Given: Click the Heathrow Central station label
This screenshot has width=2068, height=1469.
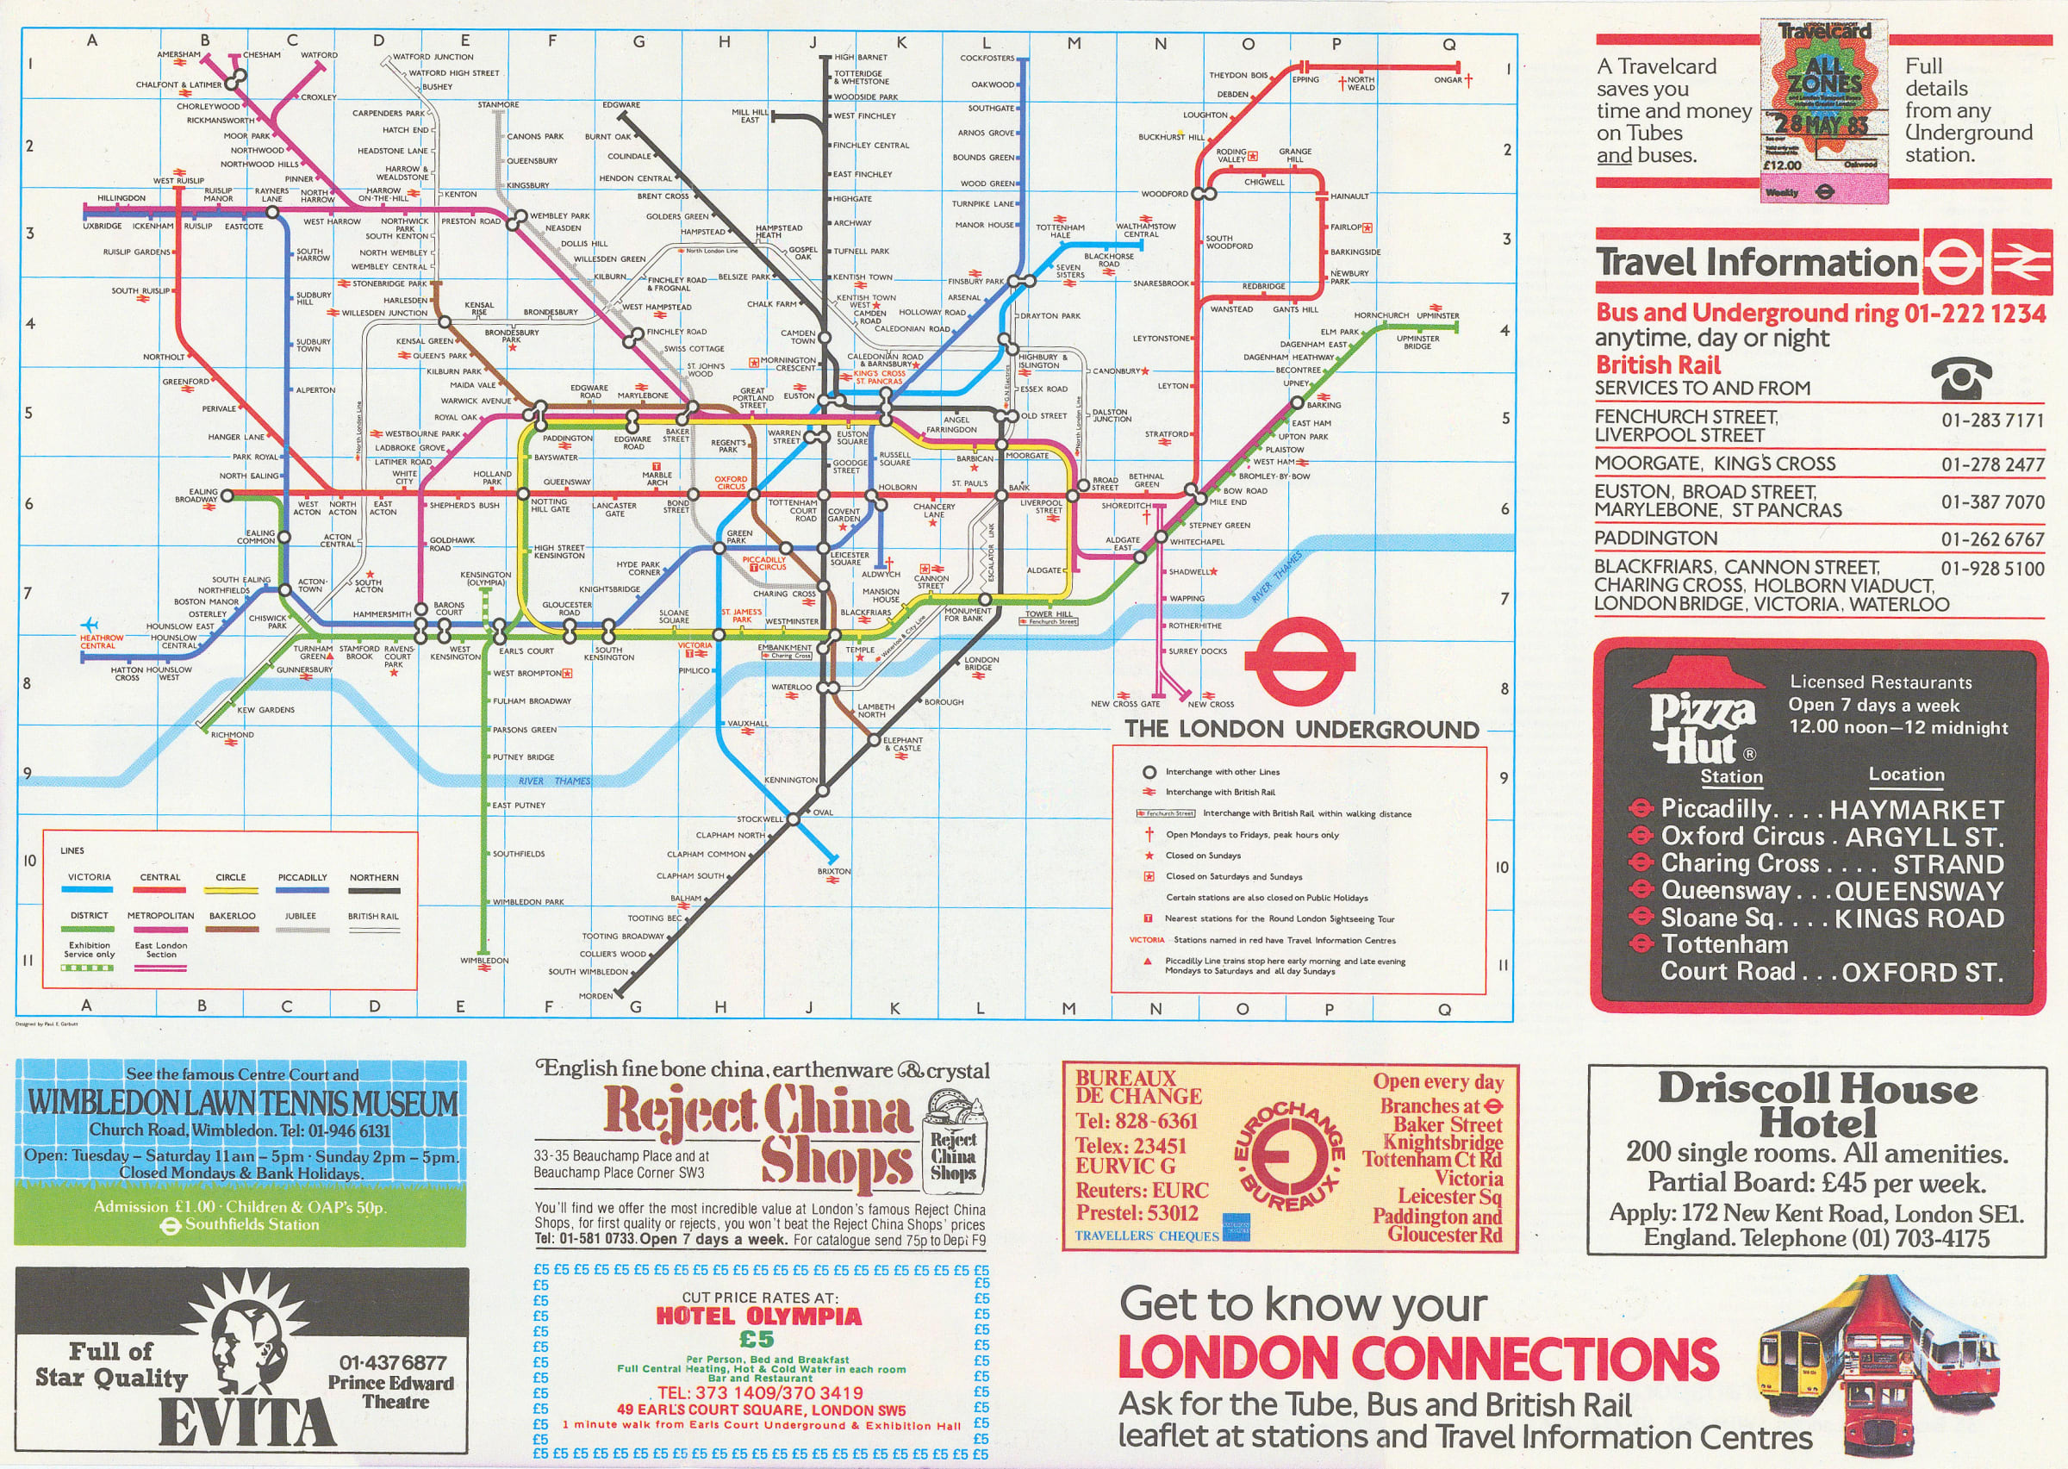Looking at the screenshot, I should (x=101, y=641).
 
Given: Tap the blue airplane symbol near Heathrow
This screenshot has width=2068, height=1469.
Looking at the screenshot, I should (x=90, y=624).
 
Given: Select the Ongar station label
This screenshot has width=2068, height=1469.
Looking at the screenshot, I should (x=1448, y=79).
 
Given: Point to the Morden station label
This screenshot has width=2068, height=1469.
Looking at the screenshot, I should (x=595, y=996).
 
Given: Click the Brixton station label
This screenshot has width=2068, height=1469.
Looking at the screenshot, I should (x=834, y=871).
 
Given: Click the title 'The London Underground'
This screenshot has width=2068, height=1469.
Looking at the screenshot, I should (x=1301, y=729).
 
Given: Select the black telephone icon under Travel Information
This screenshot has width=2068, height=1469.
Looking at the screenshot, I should (x=1960, y=377).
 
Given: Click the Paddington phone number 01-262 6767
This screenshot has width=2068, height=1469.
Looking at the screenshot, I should (x=1992, y=539).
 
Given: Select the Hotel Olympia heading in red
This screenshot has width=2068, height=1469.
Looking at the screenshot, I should (x=758, y=1316).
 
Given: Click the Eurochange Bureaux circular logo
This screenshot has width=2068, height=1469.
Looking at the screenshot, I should (x=1288, y=1157).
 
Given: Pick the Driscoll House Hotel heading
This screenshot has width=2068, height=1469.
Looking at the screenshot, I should (x=1816, y=1104).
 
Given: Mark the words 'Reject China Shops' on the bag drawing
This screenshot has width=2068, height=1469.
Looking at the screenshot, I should (x=953, y=1155).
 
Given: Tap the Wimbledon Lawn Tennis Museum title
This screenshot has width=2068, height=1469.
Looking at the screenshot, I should (x=241, y=1103).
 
